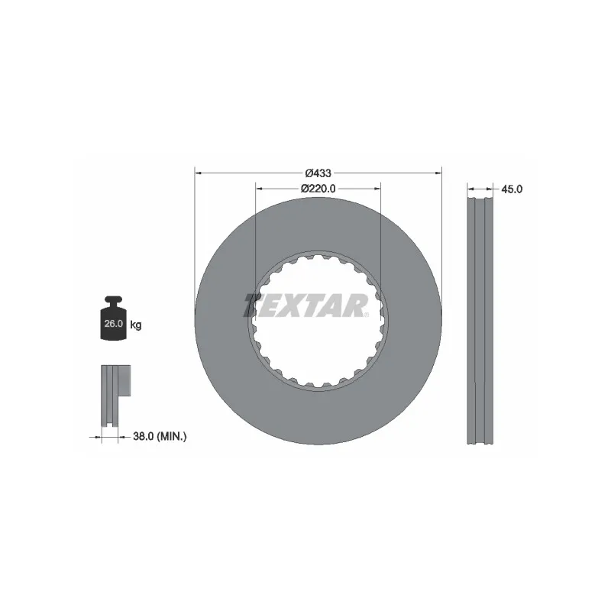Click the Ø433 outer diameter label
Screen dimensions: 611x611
point(318,173)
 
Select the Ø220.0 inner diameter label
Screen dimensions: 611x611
point(318,189)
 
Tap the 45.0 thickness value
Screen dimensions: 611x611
point(512,189)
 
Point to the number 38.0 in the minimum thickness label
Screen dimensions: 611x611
point(144,437)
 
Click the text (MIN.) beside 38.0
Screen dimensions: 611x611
point(172,437)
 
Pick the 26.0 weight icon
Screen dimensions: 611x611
point(113,320)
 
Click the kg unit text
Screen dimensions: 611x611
point(135,325)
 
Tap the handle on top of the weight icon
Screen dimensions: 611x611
point(113,300)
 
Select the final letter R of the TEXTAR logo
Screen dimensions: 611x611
point(357,305)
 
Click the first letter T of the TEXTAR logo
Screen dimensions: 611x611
point(254,305)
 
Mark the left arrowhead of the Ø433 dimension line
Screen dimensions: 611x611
point(199,173)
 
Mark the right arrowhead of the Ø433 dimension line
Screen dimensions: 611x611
point(438,173)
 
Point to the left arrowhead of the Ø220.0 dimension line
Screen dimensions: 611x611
point(259,189)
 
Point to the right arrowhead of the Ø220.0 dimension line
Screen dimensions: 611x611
point(378,189)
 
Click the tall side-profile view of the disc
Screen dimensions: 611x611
point(480,321)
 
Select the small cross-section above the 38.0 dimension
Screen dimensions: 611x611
point(112,397)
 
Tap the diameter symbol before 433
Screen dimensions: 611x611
point(309,173)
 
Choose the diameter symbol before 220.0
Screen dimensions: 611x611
point(304,189)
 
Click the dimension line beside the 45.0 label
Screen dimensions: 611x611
point(480,189)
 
